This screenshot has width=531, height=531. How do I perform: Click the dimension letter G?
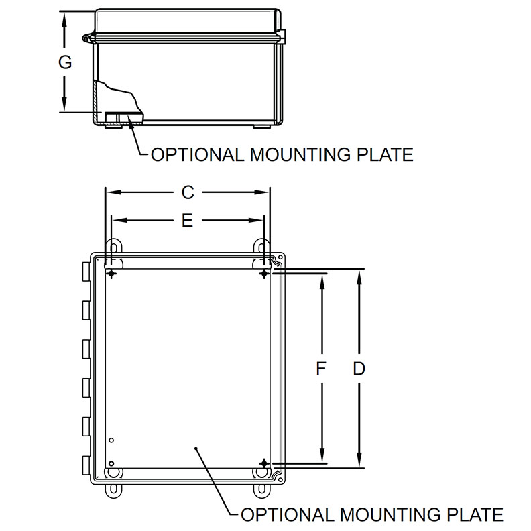click(x=65, y=62)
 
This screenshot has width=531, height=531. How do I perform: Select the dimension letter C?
click(x=188, y=193)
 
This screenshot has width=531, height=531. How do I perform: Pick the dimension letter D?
click(x=359, y=369)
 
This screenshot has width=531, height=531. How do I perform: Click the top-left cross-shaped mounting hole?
click(x=111, y=274)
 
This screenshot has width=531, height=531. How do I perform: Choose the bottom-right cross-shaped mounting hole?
click(x=265, y=463)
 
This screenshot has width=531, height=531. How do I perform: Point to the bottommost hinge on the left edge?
click(x=84, y=465)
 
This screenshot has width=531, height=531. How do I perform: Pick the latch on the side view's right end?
click(x=282, y=35)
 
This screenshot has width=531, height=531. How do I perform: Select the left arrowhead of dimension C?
click(x=111, y=193)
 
